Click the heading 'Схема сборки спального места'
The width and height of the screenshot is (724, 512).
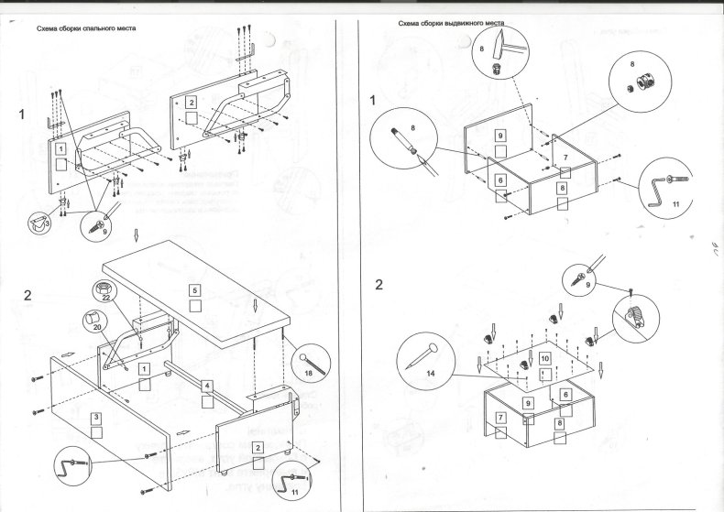coord(87,29)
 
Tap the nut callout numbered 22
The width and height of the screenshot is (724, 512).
coord(104,292)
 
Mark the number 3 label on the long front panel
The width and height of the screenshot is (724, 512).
coord(96,417)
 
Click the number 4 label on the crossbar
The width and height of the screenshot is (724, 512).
coord(208,386)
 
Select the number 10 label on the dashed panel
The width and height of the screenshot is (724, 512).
coord(544,359)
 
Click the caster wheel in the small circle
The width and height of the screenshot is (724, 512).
coord(38,221)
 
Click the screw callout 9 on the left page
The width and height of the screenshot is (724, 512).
coord(100,223)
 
